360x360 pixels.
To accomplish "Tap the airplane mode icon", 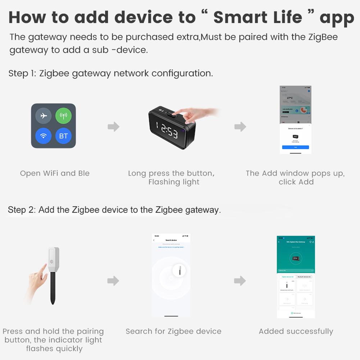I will click(44, 116).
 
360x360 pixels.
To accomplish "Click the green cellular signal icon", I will click(63, 116).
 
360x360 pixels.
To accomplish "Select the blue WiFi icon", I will click(44, 136).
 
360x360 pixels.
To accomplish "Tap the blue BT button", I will click(63, 136).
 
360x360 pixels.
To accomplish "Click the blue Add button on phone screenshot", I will click(295, 147).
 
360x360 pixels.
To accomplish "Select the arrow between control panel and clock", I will click(113, 127).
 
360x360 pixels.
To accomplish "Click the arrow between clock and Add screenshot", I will click(240, 127).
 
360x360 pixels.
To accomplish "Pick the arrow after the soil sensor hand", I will click(113, 281).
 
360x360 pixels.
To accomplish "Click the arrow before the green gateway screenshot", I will click(240, 281).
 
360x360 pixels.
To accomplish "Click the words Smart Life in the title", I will click(258, 18).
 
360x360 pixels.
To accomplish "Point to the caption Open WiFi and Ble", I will click(55, 173).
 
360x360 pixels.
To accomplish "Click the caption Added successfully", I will click(296, 331).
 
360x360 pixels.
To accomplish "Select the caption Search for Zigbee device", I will click(173, 331).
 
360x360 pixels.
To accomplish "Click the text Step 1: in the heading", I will click(22, 73).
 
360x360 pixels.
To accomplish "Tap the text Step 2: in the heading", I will click(22, 210).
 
